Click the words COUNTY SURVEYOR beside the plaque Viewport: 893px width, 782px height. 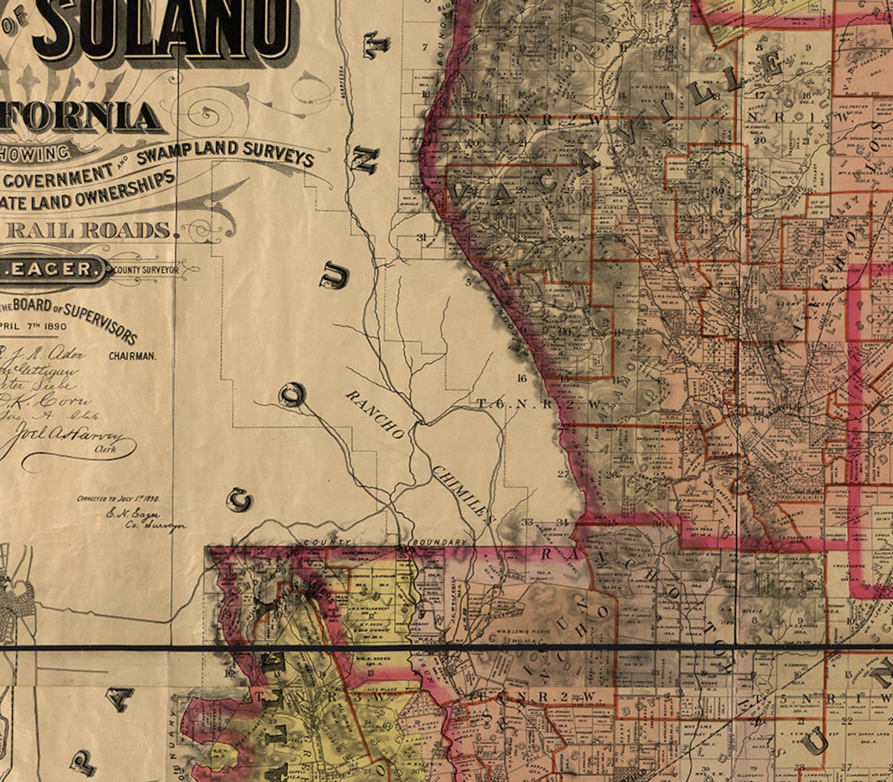click(x=146, y=270)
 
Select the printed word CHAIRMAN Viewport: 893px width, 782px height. click(x=133, y=356)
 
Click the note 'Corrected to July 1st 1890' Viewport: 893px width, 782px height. click(x=119, y=499)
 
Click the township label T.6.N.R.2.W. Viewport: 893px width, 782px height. click(x=532, y=404)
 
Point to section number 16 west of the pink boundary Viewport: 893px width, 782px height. click(x=522, y=378)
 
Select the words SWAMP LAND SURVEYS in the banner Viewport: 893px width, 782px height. click(x=225, y=153)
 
